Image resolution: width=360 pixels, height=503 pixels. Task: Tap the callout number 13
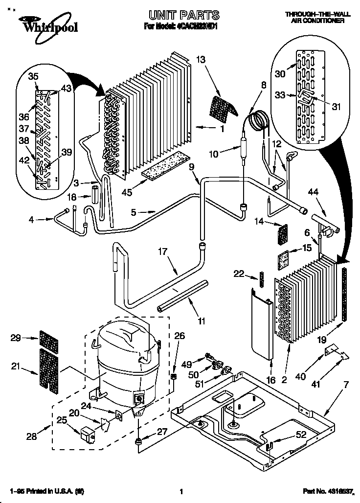pos(201,60)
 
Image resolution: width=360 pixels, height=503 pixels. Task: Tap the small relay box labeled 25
pos(89,434)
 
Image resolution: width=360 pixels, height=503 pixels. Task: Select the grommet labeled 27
pos(139,442)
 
